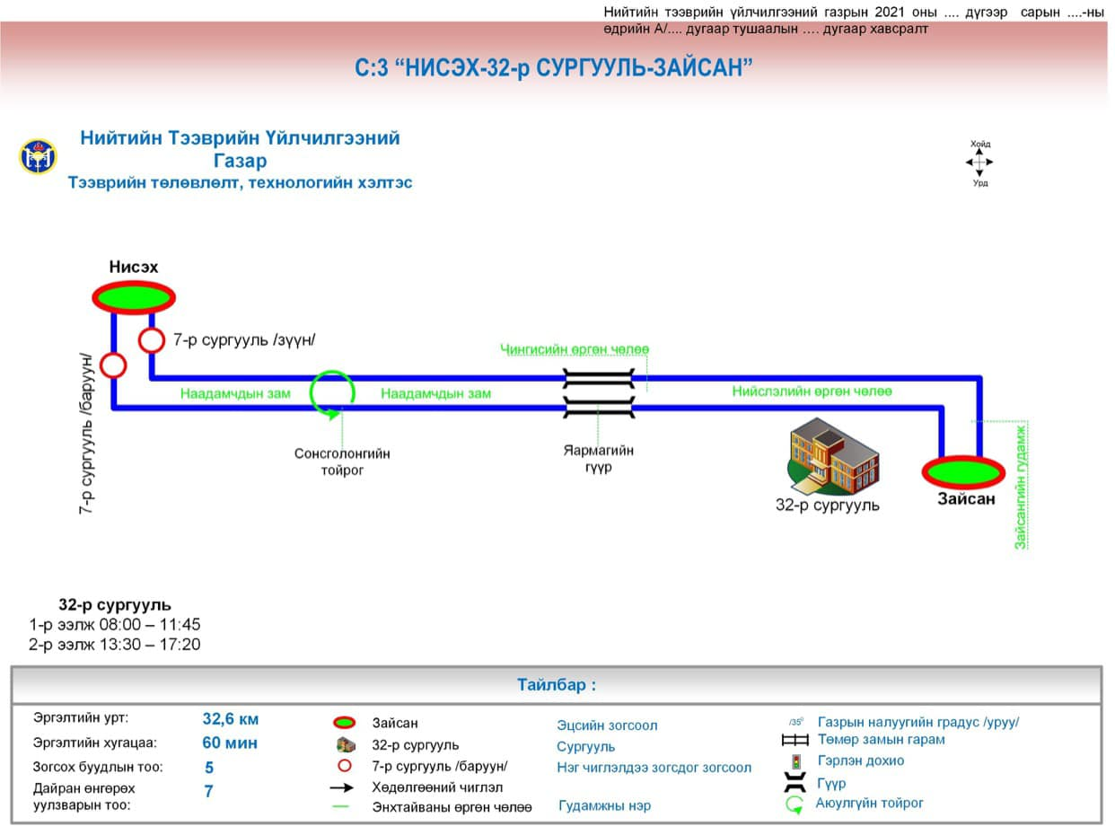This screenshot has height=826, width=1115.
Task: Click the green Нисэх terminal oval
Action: (133, 297)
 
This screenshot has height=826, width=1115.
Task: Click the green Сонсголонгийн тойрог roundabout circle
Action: (332, 393)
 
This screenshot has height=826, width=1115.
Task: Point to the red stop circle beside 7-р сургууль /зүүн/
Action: (151, 340)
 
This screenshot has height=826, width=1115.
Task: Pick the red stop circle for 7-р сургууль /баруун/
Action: (113, 365)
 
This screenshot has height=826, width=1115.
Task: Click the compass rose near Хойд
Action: (979, 163)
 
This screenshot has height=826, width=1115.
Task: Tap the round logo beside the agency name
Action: (38, 157)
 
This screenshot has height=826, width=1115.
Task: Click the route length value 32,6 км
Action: (231, 719)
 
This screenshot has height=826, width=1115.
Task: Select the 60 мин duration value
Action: (230, 743)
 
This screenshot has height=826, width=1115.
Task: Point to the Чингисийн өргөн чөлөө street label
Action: (575, 349)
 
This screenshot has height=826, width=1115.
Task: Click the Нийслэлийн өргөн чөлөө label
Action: (812, 391)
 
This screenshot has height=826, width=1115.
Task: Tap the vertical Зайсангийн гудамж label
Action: (1020, 486)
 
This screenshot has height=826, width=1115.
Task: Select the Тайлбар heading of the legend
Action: (556, 685)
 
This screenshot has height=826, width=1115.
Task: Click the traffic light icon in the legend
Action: (795, 761)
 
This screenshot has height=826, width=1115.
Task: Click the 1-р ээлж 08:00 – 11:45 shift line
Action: (115, 624)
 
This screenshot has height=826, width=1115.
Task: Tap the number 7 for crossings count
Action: (208, 792)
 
